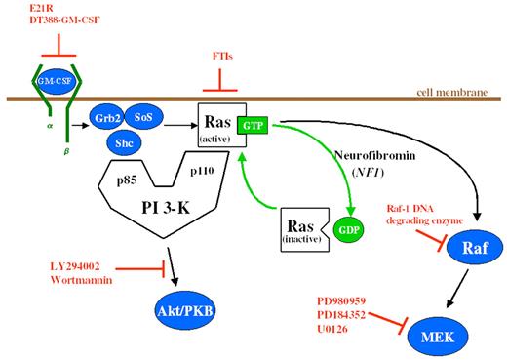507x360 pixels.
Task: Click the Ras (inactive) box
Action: pyautogui.click(x=309, y=229)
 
